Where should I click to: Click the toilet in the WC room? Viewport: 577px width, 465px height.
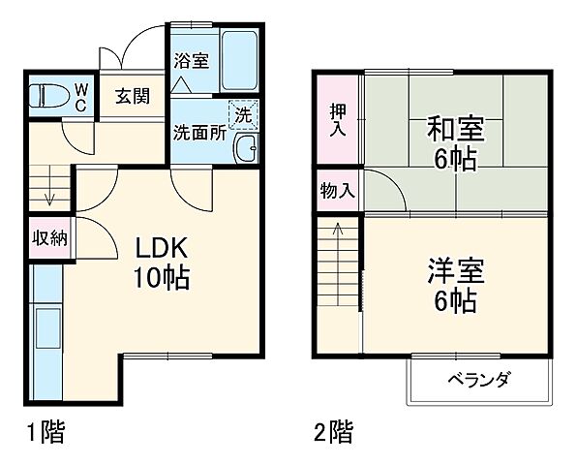click(x=47, y=96)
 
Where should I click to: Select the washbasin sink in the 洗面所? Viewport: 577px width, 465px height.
click(x=246, y=148)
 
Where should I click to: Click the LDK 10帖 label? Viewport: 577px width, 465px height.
click(x=160, y=262)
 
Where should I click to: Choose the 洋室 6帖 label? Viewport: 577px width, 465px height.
click(x=452, y=285)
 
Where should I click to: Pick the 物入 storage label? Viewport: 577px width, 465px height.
click(x=336, y=191)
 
